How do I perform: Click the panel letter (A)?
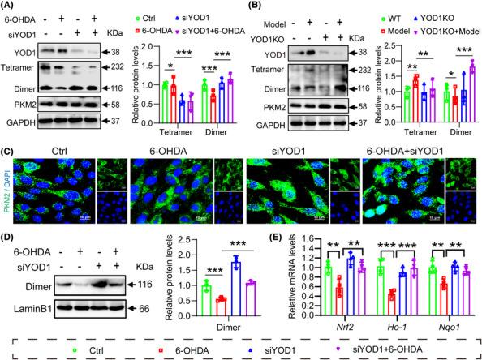click(11, 7)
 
